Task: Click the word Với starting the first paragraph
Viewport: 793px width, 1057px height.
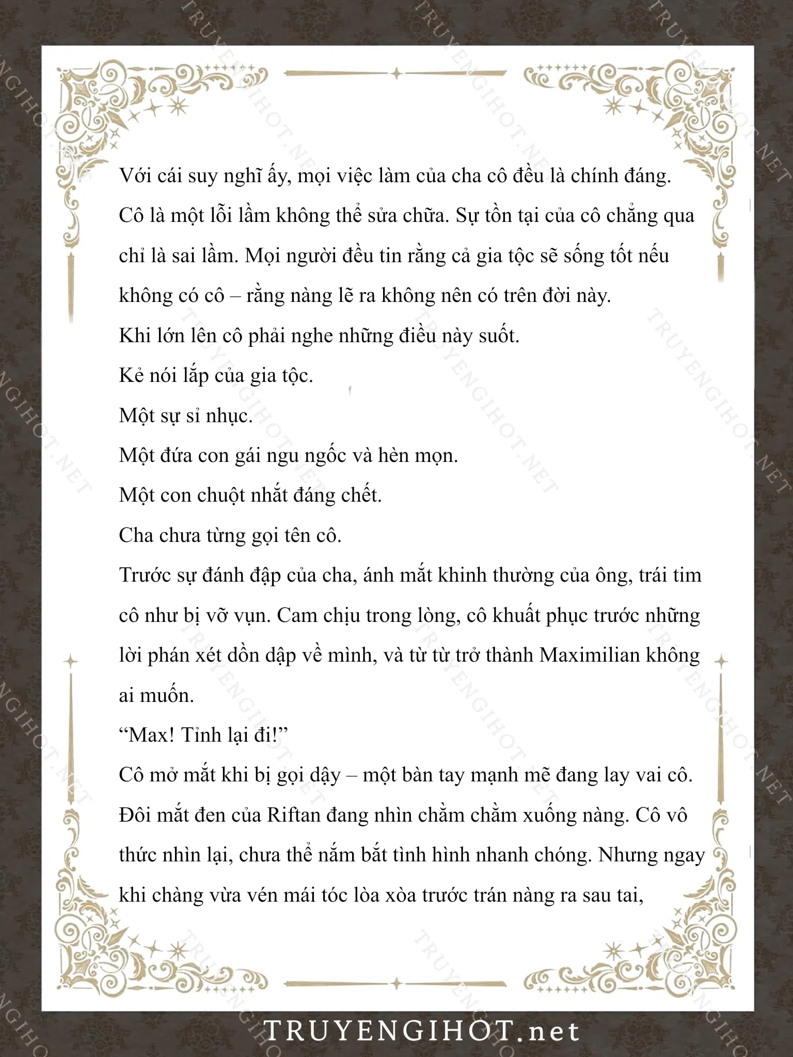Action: [x=135, y=176]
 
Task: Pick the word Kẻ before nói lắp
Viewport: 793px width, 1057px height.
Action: [x=130, y=375]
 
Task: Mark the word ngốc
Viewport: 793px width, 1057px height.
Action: [x=308, y=456]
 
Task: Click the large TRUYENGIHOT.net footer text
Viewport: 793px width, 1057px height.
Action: [x=421, y=1031]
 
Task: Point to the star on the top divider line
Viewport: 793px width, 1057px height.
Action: [x=396, y=74]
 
